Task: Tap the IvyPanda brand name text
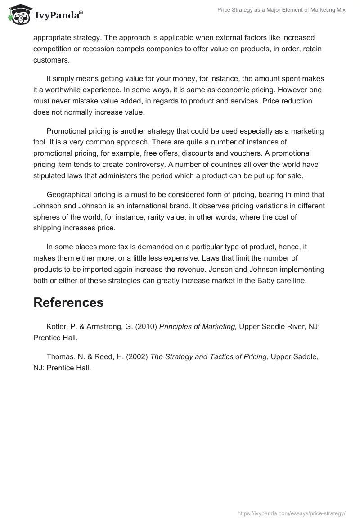pos(58,16)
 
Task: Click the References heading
pos(68,303)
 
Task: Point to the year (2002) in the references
pos(138,356)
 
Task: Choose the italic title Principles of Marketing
pos(198,326)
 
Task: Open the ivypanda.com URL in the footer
pos(291,513)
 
